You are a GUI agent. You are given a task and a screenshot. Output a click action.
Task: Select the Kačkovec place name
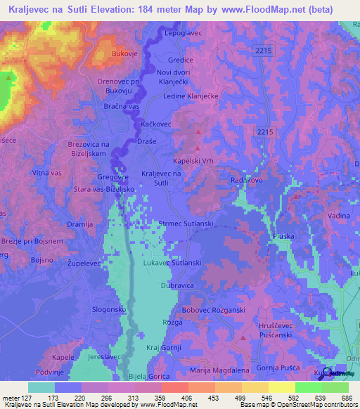tap(156, 123)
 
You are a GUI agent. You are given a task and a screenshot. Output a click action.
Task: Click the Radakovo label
tap(247, 180)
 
